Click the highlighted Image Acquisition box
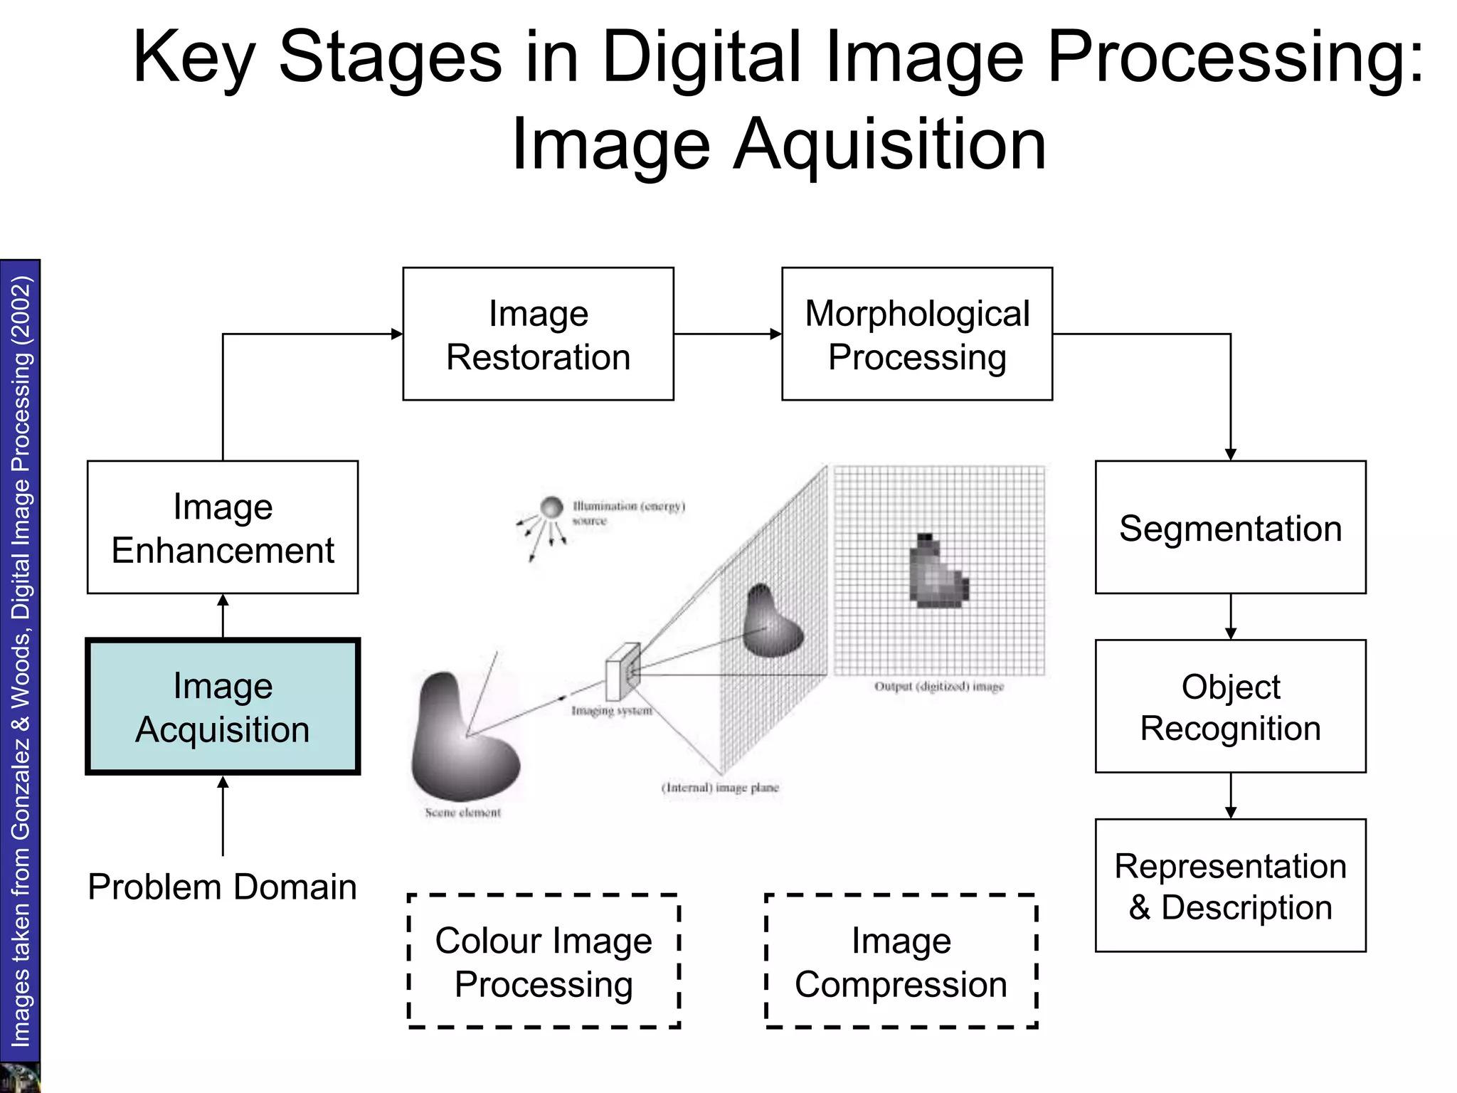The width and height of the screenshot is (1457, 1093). click(223, 707)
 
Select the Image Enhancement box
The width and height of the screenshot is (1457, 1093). click(223, 527)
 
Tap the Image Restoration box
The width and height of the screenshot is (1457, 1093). click(538, 334)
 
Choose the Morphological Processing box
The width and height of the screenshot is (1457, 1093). click(917, 334)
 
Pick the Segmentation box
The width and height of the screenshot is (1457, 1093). click(1230, 527)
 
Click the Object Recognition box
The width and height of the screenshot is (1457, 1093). click(1230, 707)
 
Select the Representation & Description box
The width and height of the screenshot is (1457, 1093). click(1230, 885)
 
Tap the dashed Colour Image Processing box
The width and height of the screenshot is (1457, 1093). click(544, 961)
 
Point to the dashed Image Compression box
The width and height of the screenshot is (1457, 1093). click(901, 961)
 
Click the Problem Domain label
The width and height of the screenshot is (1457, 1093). click(222, 887)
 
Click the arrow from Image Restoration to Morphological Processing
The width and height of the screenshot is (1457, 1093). click(727, 334)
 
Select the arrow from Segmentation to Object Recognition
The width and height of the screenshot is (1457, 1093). click(1231, 616)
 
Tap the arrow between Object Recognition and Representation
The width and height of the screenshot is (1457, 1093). click(1231, 796)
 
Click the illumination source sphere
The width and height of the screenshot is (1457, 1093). click(551, 507)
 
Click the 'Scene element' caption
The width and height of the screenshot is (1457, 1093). click(462, 813)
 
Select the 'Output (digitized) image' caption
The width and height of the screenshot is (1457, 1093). click(939, 687)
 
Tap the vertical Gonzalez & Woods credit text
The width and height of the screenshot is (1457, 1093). click(21, 662)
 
